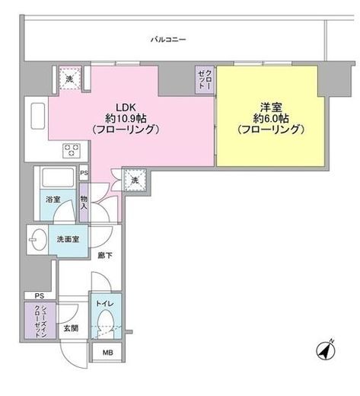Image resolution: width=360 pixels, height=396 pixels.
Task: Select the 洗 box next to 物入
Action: click(135, 180)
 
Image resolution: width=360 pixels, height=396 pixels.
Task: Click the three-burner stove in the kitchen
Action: click(71, 149)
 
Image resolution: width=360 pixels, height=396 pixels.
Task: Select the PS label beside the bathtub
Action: click(84, 174)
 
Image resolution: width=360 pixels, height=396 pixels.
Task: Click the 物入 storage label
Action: click(84, 202)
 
